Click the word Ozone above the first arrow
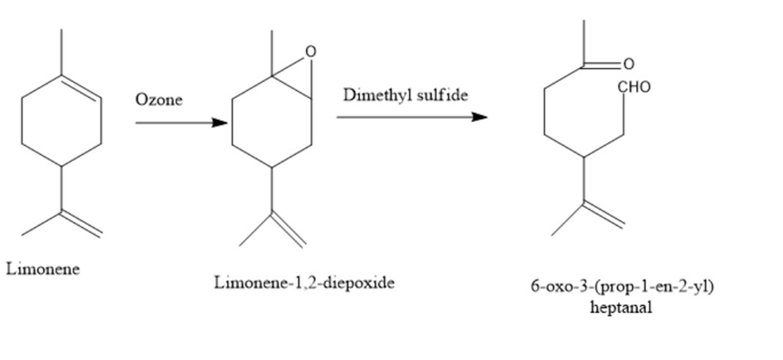(x=158, y=100)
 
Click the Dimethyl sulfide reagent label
(x=406, y=95)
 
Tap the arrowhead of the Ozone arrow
(x=219, y=122)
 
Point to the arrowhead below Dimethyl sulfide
(x=479, y=117)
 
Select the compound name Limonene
(x=43, y=269)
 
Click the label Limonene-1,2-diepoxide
(x=304, y=283)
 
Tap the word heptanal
(x=620, y=307)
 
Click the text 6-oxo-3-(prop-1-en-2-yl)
(x=622, y=287)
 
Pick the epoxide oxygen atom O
(x=310, y=51)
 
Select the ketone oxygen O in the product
(x=629, y=64)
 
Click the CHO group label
(x=635, y=87)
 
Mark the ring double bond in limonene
(x=81, y=88)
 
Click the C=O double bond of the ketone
(x=601, y=66)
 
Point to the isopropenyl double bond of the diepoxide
(x=288, y=230)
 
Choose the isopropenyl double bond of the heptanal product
(x=604, y=215)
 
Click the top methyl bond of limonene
(x=61, y=52)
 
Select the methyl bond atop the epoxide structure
(x=272, y=53)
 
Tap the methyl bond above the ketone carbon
(x=583, y=43)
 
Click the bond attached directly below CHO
(x=624, y=114)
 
